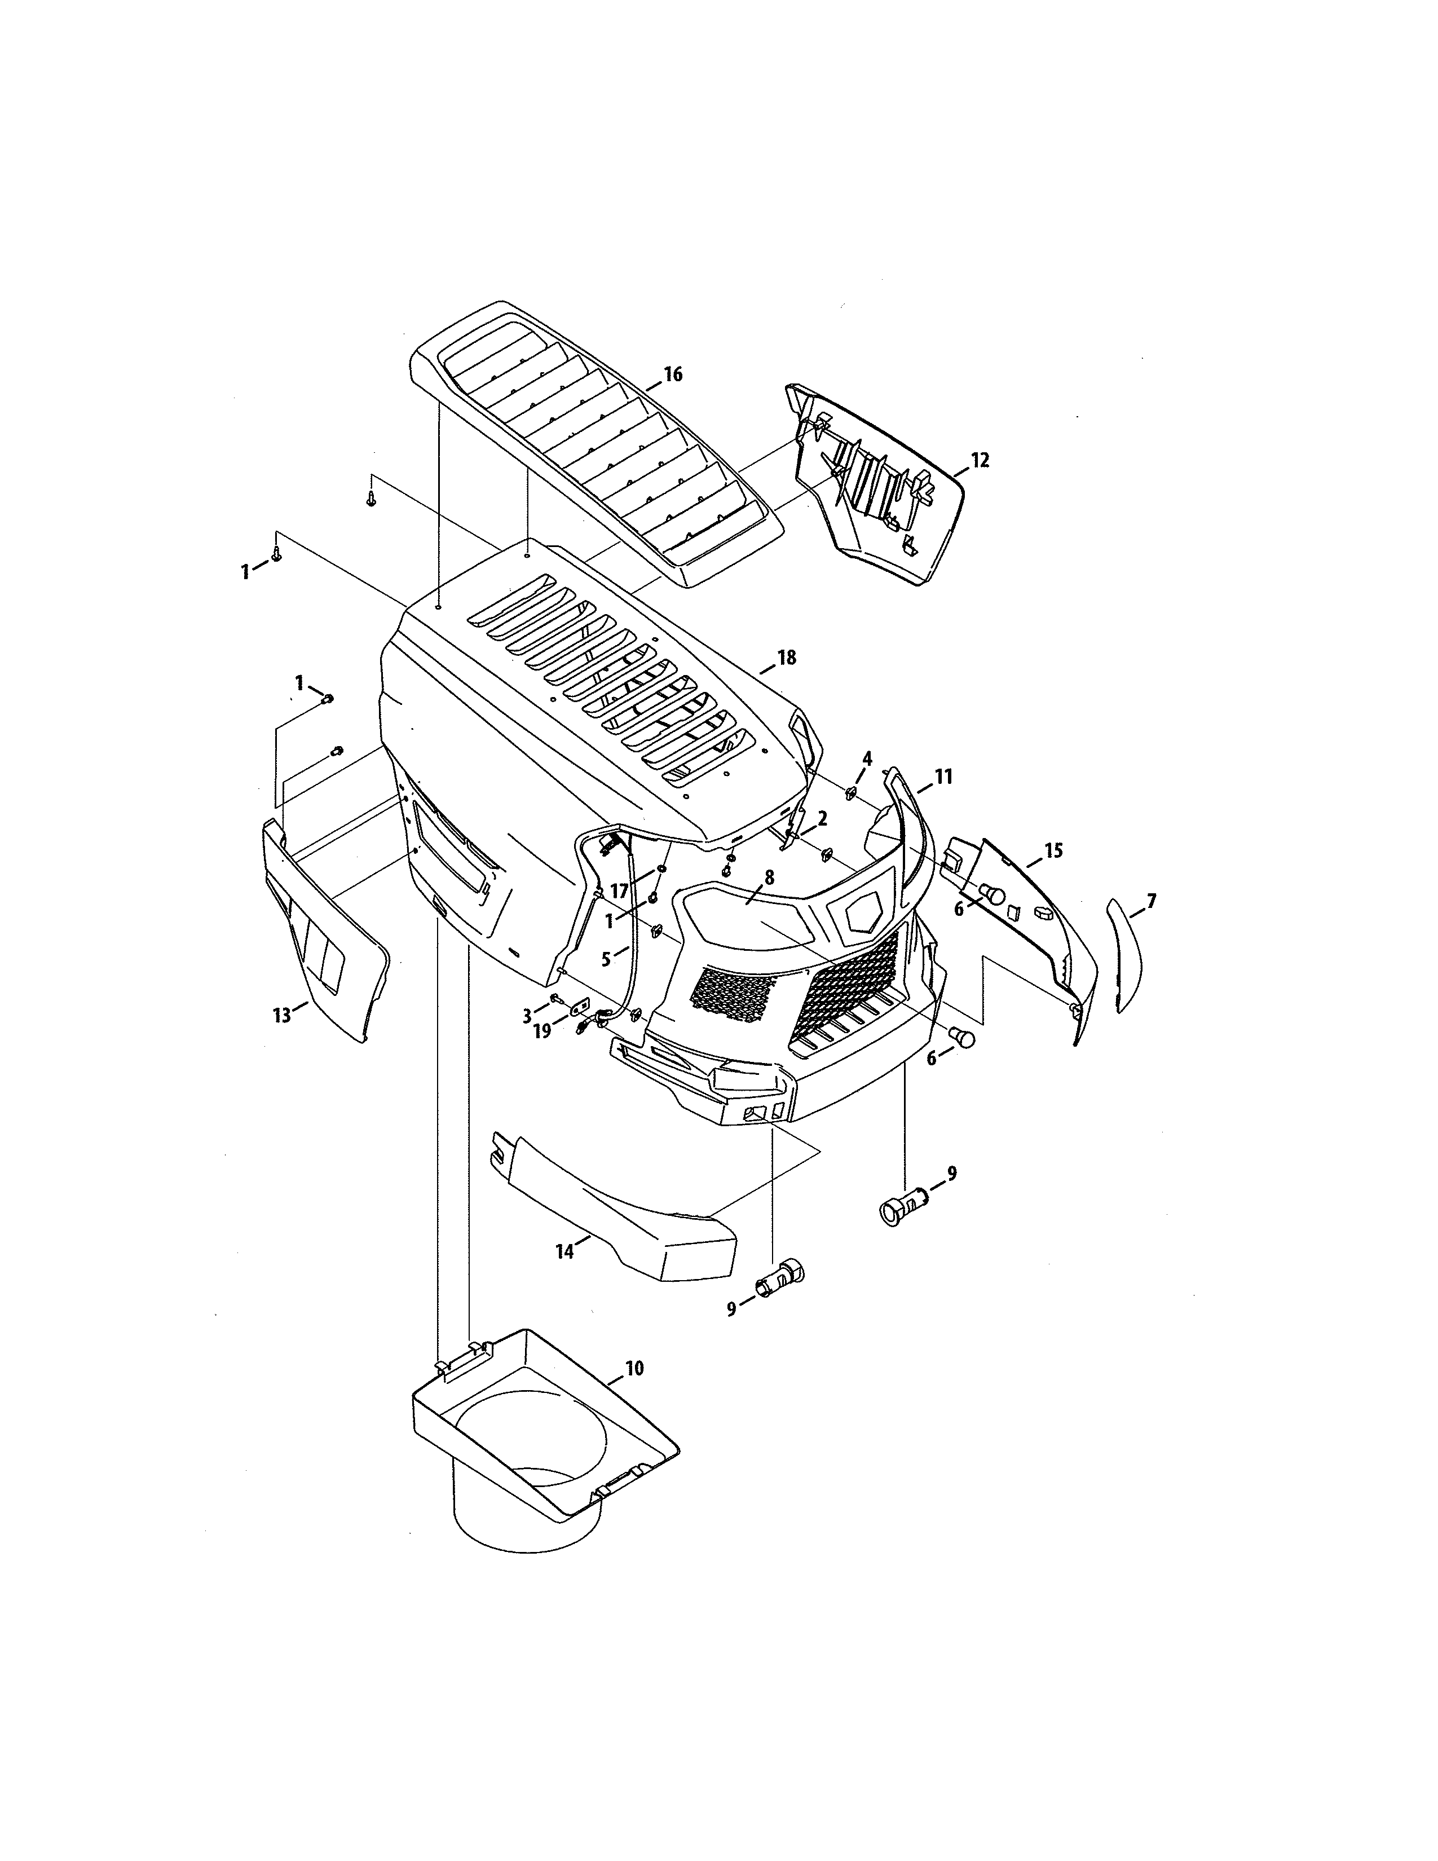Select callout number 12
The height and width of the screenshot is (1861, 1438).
980,460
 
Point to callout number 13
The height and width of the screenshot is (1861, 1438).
282,1014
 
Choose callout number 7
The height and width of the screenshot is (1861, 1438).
1151,900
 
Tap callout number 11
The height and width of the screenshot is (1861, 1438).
943,777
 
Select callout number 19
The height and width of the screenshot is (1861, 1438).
542,1030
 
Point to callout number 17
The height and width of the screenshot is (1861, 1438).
619,891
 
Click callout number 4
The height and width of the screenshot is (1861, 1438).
867,757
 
